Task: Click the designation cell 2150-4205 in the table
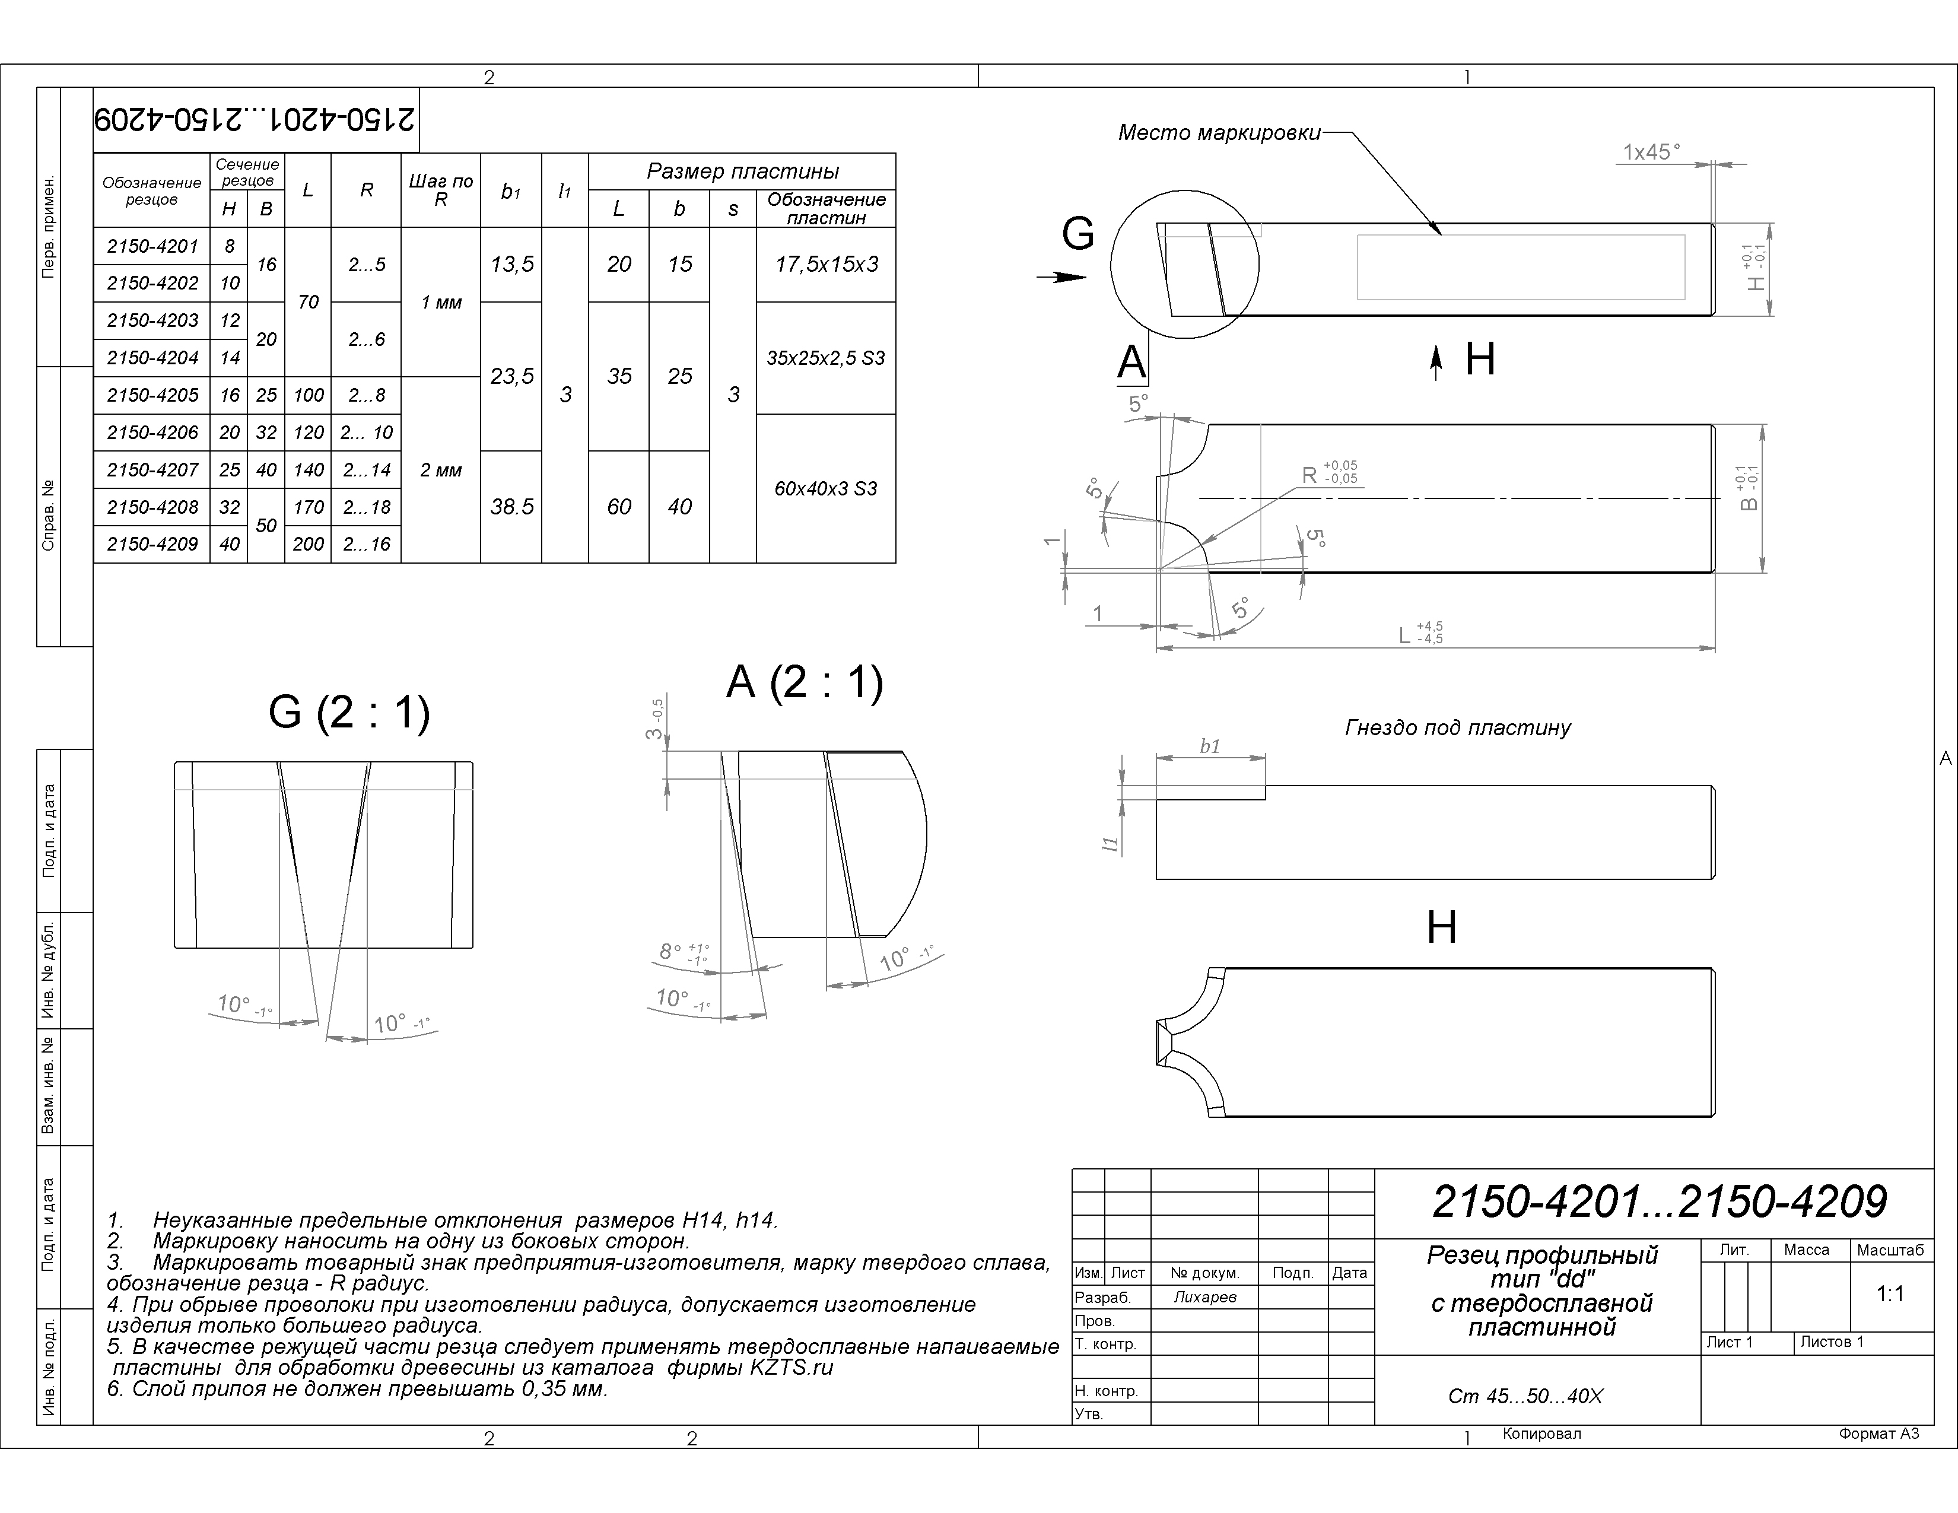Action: [x=152, y=395]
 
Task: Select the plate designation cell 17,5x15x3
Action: [x=827, y=265]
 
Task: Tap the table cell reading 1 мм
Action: [x=441, y=302]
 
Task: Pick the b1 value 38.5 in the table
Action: [x=512, y=507]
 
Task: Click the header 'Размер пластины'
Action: [x=742, y=171]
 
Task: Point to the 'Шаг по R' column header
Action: [x=441, y=190]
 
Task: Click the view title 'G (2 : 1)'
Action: [x=349, y=713]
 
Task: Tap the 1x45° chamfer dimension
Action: [x=1651, y=152]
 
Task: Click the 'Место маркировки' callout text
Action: [x=1219, y=133]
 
